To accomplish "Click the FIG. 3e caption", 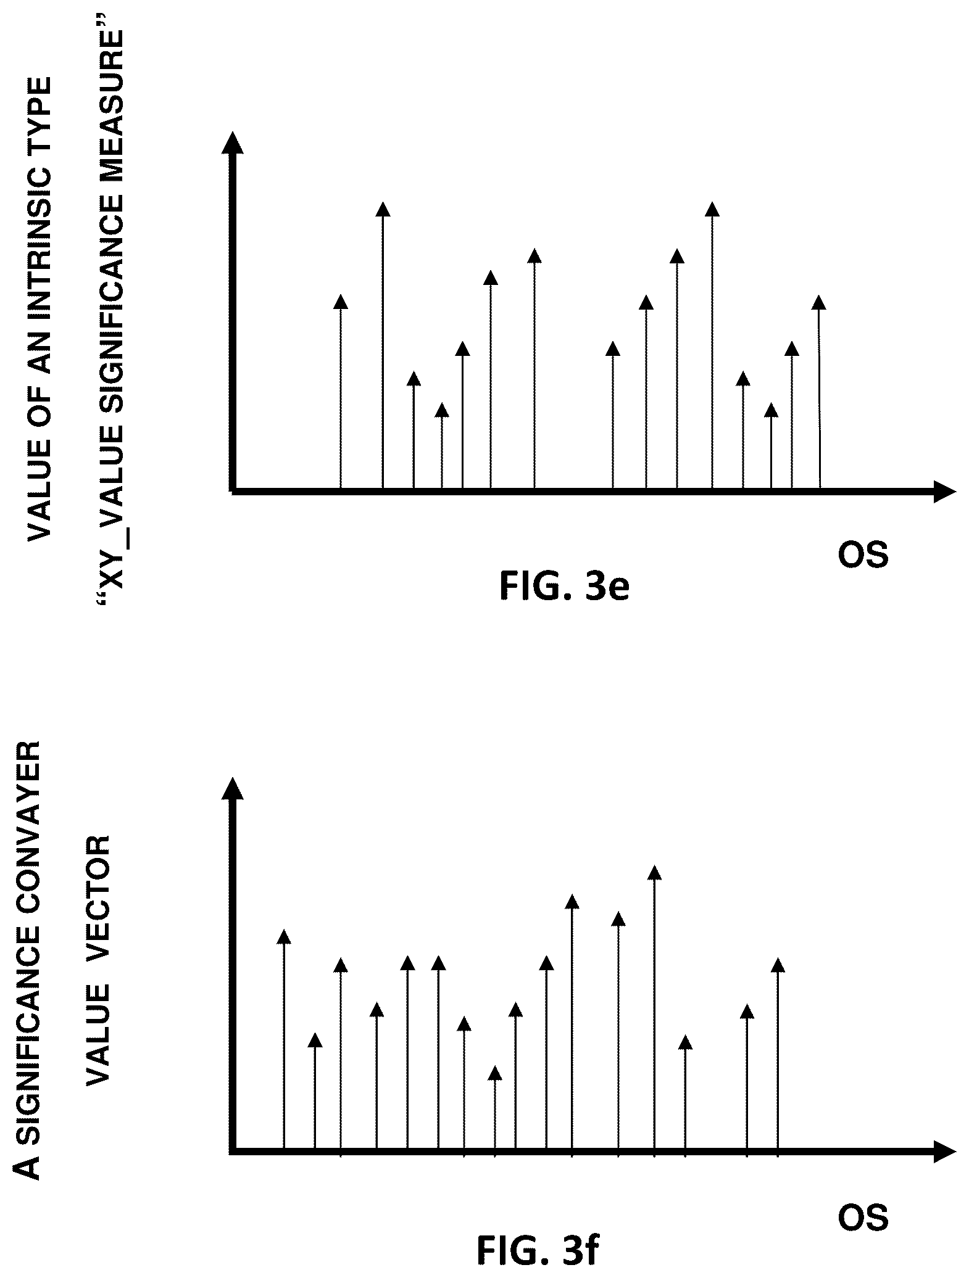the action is click(564, 587).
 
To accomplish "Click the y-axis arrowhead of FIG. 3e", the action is click(233, 142).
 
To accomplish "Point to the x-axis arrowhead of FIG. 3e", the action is click(944, 492).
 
